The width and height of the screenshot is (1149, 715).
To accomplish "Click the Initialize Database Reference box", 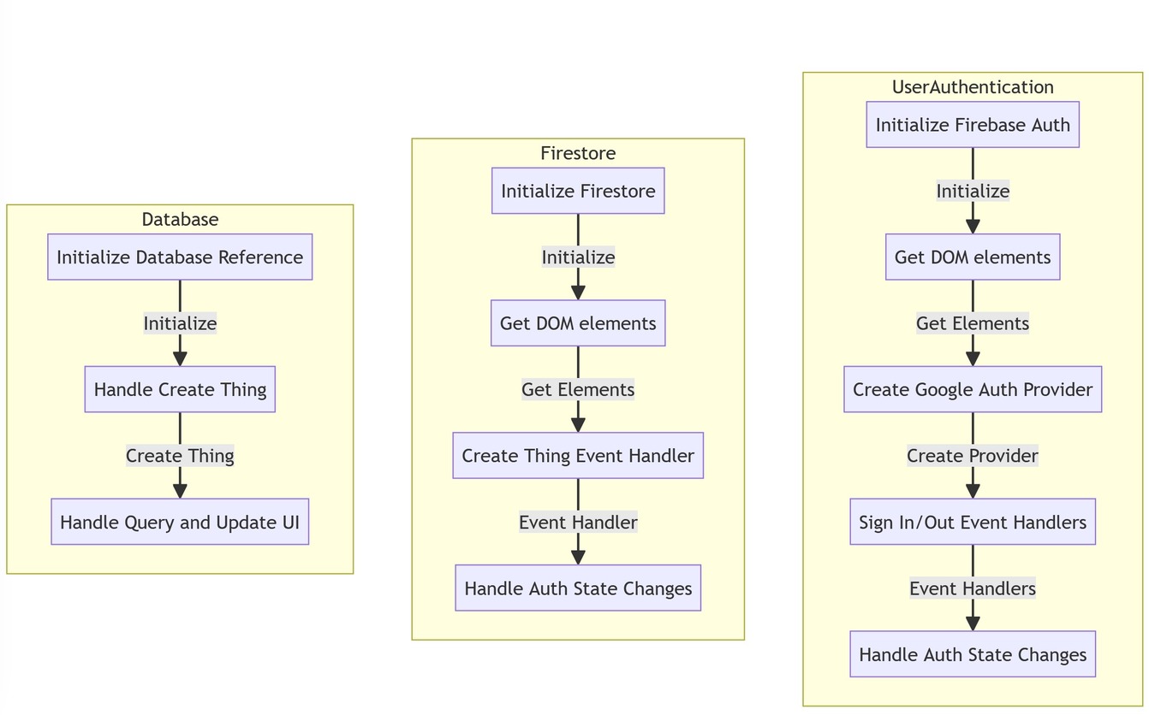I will click(x=180, y=257).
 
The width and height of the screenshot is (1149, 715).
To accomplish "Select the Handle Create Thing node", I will click(x=180, y=389).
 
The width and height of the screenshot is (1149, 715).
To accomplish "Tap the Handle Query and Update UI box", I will click(x=180, y=522).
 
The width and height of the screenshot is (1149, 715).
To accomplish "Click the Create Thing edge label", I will click(x=180, y=456).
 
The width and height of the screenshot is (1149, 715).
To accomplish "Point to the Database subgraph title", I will click(x=180, y=219).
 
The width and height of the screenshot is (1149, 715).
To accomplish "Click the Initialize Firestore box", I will click(x=578, y=191).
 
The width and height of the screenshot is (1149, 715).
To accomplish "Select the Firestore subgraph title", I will click(x=578, y=153).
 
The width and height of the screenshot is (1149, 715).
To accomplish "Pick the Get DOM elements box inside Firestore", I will click(x=578, y=323).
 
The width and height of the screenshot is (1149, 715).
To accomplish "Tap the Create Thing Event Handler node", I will click(x=578, y=456).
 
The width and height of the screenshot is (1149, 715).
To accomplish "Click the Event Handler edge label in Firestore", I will click(x=578, y=522).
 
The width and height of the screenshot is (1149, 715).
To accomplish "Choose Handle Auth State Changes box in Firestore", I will click(x=578, y=588).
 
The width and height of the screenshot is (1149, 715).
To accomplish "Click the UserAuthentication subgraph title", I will click(x=973, y=87).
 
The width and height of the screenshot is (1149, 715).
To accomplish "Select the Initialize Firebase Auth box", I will click(x=973, y=125).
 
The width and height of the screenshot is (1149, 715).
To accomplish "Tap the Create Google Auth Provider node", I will click(x=973, y=389).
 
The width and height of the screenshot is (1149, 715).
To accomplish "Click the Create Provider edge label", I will click(x=973, y=456).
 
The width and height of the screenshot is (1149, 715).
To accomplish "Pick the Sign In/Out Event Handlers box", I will click(x=973, y=522).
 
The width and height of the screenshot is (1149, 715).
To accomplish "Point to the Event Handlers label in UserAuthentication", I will click(x=973, y=588).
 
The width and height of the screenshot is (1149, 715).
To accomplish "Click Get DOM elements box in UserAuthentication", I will click(x=973, y=257).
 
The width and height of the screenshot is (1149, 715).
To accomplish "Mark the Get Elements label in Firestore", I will click(x=578, y=390).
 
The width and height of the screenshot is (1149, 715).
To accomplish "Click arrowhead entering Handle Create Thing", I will click(x=180, y=357).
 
